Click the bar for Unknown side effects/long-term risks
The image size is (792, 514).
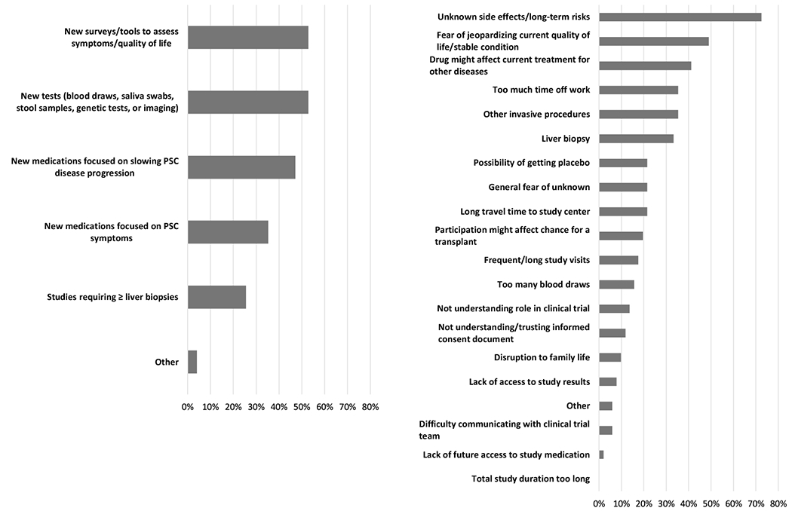(680, 17)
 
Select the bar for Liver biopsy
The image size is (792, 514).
(636, 139)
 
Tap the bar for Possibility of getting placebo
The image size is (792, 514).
(623, 163)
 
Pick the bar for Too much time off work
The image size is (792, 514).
(638, 90)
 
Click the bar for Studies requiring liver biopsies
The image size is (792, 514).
(216, 297)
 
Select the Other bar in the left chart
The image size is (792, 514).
(192, 362)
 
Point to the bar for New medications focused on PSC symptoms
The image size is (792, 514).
(228, 232)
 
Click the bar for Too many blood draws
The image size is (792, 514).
(616, 284)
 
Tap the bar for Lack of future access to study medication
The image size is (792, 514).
(601, 454)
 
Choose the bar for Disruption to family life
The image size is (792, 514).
(609, 357)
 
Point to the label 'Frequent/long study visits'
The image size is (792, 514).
(536, 260)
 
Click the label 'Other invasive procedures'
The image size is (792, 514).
(536, 115)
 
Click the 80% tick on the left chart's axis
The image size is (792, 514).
(370, 407)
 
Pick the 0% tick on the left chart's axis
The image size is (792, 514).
(188, 407)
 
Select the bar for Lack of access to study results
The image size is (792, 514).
(607, 381)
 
